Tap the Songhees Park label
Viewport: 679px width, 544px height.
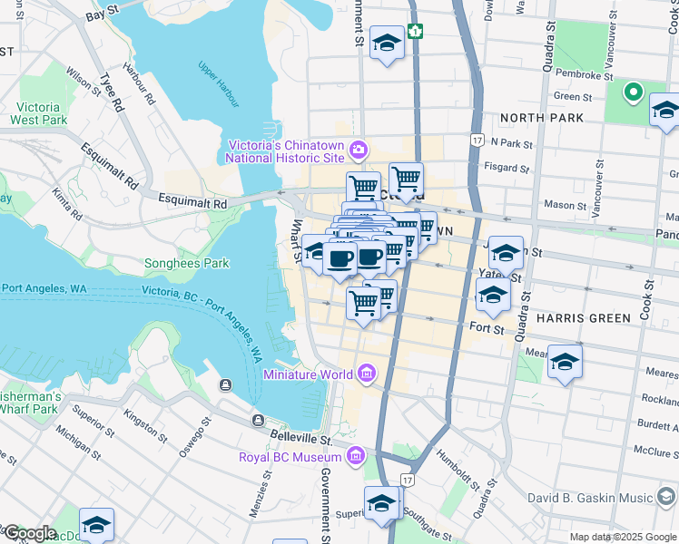coord(187,264)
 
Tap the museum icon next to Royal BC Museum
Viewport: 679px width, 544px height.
coord(356,454)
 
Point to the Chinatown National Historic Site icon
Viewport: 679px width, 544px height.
coord(359,150)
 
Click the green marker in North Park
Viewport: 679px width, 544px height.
coord(632,92)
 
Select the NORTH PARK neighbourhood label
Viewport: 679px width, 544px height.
coord(536,118)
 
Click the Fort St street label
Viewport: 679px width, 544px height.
coord(487,328)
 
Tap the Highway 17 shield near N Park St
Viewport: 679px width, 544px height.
coord(476,140)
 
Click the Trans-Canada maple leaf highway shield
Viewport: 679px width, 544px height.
coord(415,31)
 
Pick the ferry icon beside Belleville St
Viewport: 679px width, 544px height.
coord(259,420)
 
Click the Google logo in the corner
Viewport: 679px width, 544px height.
coord(29,533)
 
